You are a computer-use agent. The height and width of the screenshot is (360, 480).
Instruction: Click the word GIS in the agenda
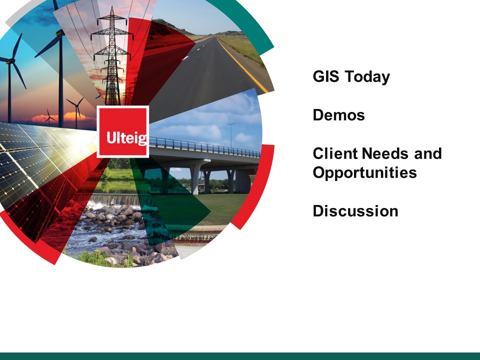[325, 76]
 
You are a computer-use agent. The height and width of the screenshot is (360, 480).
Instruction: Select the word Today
[367, 77]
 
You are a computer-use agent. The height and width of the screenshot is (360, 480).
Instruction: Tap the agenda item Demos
[338, 115]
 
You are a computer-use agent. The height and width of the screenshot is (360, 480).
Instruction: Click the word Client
[335, 153]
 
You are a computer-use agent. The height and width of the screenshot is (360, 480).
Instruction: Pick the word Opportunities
[364, 172]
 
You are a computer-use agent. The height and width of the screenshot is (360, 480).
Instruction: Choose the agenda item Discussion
[355, 211]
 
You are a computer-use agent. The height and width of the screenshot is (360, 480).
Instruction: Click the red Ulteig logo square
[123, 131]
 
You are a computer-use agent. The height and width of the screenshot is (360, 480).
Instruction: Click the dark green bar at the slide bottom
[240, 356]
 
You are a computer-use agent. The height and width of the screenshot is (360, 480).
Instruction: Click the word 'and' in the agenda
[427, 153]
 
